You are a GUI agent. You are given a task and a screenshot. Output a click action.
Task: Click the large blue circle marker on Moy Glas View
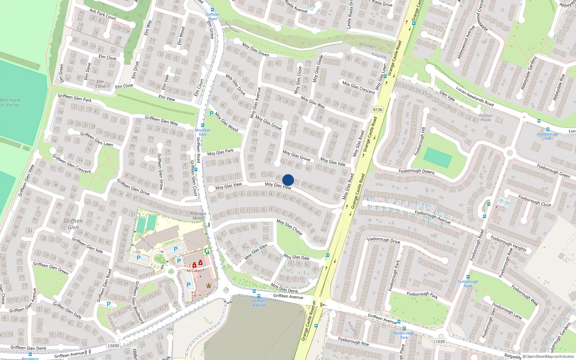tap(288, 180)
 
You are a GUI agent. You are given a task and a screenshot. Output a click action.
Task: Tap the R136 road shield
tap(378, 110)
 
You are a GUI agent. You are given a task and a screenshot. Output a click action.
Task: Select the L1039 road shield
tap(439, 342)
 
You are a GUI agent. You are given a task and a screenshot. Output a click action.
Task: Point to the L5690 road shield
tap(113, 346)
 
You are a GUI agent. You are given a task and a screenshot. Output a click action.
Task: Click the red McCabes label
tap(194, 271)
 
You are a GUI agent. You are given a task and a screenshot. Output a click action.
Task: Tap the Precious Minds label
tap(198, 216)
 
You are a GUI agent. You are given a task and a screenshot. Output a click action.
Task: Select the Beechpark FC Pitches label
tap(10, 103)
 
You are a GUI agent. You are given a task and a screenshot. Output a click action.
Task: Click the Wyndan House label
tap(486, 118)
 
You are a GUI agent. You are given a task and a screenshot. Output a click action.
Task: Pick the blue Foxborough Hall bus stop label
tap(548, 136)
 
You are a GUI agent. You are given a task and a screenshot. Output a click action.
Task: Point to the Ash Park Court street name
tap(103, 14)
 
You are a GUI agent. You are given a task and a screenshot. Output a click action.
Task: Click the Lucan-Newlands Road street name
tap(474, 96)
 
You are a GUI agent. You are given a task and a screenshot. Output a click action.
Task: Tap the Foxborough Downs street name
tap(417, 171)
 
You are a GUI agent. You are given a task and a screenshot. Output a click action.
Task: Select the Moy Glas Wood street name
tap(226, 122)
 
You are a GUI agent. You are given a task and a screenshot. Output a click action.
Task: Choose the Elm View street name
tap(167, 98)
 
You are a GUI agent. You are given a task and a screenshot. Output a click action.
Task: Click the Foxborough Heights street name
tap(508, 243)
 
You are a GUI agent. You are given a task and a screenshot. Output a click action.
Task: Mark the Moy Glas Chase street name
tap(289, 227)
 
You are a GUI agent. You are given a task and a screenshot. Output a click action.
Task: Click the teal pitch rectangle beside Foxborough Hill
tap(437, 158)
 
